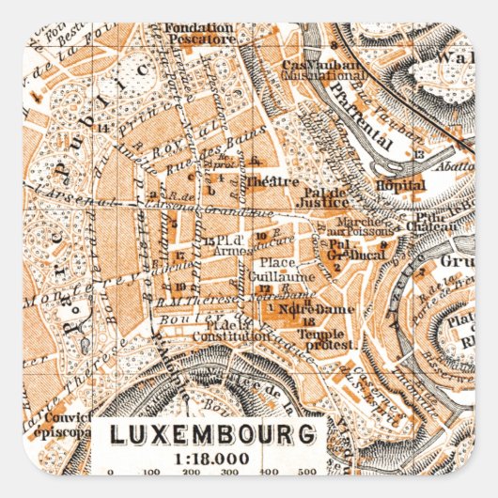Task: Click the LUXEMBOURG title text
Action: click(211, 435)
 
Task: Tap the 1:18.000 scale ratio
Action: click(211, 457)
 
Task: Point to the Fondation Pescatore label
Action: click(198, 34)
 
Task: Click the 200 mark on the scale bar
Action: click(191, 473)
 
